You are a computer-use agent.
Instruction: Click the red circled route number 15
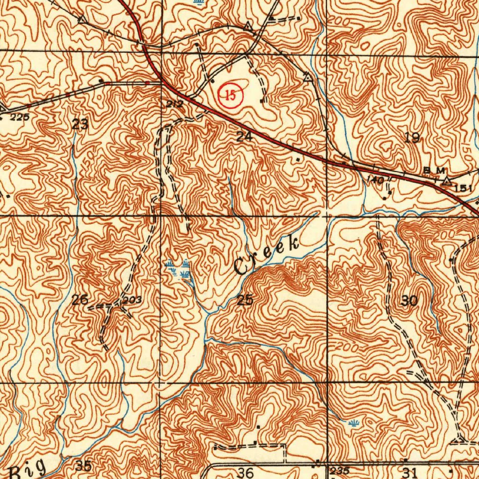[x=231, y=95]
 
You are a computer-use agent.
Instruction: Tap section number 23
[x=80, y=124]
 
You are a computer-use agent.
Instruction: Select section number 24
[x=244, y=137]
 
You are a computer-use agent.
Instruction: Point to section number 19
[x=412, y=137]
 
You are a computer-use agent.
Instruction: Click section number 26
[x=80, y=300]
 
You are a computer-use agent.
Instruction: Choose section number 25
[x=245, y=300]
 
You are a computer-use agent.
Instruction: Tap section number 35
[x=83, y=466]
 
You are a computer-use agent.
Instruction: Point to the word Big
[x=28, y=469]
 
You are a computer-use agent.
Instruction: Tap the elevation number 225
[x=20, y=117]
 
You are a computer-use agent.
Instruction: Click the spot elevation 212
[x=174, y=104]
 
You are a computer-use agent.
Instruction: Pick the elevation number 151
[x=463, y=188]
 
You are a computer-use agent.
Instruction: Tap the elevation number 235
[x=340, y=471]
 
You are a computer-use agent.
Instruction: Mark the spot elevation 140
[x=376, y=180]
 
